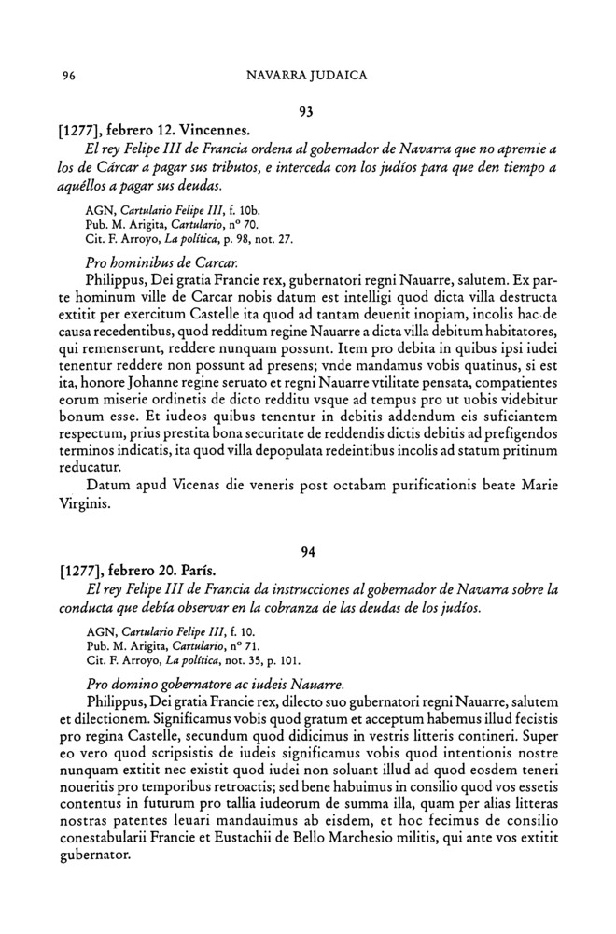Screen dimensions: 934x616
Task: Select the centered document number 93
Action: [x=304, y=112]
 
